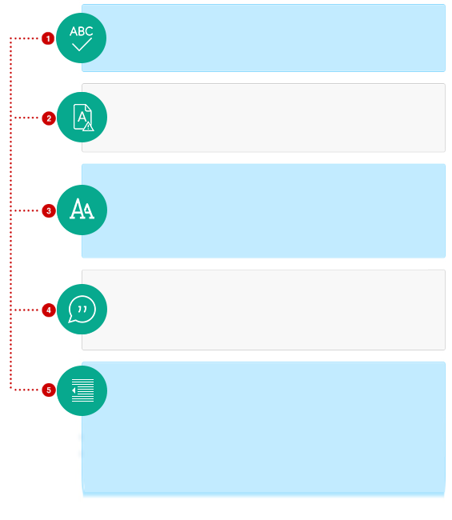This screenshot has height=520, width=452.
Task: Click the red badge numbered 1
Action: (48, 38)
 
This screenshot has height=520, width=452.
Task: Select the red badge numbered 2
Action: (49, 118)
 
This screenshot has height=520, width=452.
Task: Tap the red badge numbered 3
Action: (49, 211)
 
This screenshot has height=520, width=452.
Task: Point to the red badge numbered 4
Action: (49, 310)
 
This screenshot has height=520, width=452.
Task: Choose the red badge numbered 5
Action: (49, 390)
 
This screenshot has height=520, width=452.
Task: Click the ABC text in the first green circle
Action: (82, 31)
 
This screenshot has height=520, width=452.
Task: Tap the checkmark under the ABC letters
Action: (82, 45)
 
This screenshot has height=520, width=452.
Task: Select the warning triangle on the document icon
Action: (88, 126)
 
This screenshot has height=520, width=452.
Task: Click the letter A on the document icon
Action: (82, 117)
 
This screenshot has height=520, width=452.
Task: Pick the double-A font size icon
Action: (82, 209)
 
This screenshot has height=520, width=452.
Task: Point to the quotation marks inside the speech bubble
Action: (82, 310)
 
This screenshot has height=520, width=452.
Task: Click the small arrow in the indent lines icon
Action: (74, 390)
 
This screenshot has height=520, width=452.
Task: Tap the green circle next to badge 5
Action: (82, 390)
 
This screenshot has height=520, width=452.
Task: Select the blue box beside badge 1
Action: (264, 38)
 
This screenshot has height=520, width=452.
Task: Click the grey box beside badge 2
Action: (264, 118)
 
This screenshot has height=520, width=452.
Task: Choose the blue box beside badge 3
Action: (264, 210)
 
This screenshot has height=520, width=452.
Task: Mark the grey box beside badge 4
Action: (264, 310)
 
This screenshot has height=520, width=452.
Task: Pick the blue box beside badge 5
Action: (264, 429)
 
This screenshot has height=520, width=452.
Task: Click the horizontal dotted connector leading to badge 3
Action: (26, 210)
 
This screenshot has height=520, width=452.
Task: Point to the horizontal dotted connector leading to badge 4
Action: (26, 310)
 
